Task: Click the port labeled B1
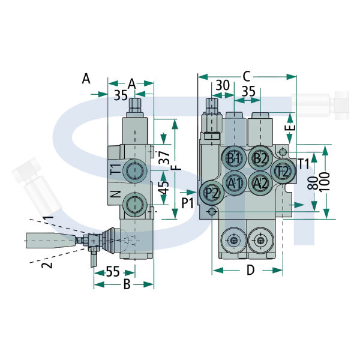coord(234,158)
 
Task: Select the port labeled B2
coord(260,158)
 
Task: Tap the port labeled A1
coord(235,183)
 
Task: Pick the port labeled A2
coord(260,183)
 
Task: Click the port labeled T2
coord(283,171)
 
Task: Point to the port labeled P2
coord(211,193)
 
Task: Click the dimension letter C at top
coord(247,77)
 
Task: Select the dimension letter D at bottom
coord(250,270)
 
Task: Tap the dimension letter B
coord(127,284)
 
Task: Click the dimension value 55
coord(113,272)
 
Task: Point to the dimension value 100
coord(325,182)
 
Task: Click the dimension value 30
coord(223,85)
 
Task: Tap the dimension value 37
coord(164,157)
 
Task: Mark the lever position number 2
coord(47,265)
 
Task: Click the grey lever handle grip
coord(51,241)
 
